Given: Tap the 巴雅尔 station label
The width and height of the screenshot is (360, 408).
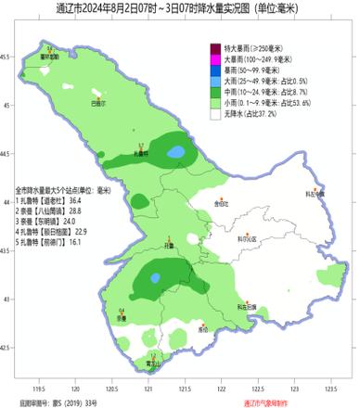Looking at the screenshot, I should click(x=98, y=104).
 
